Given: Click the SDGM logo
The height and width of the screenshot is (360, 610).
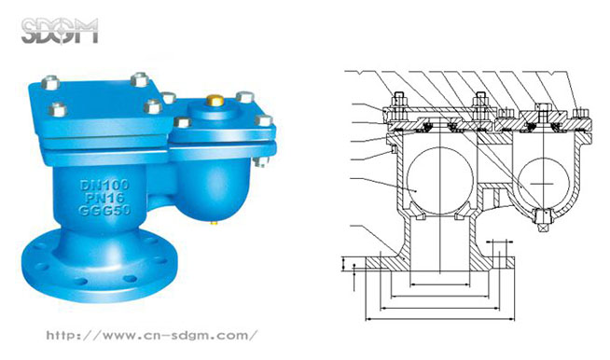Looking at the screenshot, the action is [60, 31].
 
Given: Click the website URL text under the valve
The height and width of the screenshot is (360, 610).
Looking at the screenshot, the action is [152, 335].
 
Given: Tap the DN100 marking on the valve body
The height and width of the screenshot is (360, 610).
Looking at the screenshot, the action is [104, 185].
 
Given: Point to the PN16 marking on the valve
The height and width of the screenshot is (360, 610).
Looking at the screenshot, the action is [105, 198].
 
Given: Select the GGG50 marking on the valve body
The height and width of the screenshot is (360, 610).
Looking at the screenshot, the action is [104, 211].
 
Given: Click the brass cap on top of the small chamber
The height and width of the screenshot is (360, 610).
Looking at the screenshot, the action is [215, 100].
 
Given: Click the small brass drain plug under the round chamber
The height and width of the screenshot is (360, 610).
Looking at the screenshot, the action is [214, 223].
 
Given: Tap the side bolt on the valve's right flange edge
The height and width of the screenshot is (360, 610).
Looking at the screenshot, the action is [261, 160].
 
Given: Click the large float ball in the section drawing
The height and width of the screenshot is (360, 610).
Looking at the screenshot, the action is [439, 181].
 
